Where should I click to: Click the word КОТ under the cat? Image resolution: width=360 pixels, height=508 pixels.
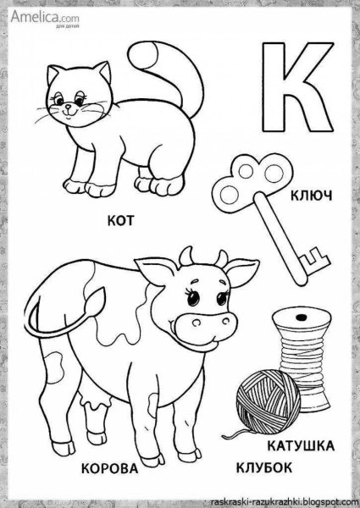tap(120, 221)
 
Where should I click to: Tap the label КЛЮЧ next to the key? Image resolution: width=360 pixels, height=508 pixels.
tap(311, 196)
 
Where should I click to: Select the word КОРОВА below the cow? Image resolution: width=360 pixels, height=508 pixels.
tap(109, 468)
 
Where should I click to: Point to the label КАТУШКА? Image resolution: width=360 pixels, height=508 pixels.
tap(301, 446)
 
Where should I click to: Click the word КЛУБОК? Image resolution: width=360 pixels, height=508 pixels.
tap(263, 468)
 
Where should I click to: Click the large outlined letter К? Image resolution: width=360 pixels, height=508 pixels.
tap(297, 87)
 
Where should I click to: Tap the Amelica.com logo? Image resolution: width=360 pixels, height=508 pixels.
tap(45, 18)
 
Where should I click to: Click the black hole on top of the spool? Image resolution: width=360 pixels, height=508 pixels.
tap(302, 317)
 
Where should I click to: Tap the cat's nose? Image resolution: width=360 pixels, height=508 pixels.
tap(68, 106)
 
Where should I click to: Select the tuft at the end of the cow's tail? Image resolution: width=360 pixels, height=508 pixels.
tap(95, 301)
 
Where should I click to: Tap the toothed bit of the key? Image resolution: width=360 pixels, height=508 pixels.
tap(314, 259)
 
